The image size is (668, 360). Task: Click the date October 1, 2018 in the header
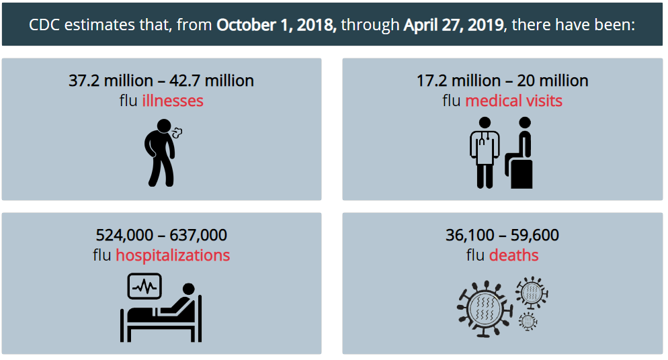click(x=276, y=25)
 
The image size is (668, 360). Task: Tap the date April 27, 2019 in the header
click(x=454, y=25)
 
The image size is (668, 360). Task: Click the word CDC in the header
click(x=44, y=25)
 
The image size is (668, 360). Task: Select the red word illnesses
click(x=173, y=101)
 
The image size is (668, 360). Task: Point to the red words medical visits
click(x=514, y=101)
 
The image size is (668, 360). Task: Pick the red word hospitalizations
click(x=173, y=255)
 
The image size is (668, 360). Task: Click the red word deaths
click(x=514, y=255)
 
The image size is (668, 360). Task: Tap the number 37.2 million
click(x=111, y=81)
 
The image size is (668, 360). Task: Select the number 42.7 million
click(x=212, y=81)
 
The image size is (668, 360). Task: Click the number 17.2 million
click(x=459, y=81)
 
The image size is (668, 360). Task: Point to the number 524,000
click(x=124, y=235)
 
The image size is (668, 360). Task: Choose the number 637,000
click(x=198, y=235)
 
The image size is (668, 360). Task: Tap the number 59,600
click(x=535, y=235)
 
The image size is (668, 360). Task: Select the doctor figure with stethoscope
click(x=485, y=152)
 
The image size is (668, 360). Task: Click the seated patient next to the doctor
click(x=519, y=152)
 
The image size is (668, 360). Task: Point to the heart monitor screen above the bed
click(x=145, y=286)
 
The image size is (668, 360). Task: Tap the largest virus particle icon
click(x=485, y=309)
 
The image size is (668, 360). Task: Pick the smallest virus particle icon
click(x=528, y=321)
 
